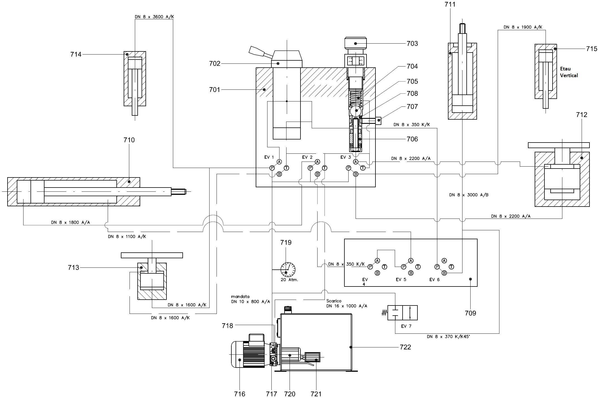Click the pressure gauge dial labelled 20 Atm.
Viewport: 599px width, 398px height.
[288, 270]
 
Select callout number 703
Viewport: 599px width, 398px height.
[412, 44]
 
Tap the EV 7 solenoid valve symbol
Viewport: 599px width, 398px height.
[403, 313]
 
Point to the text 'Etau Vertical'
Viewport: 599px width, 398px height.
[569, 72]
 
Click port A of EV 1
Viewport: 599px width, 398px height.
[279, 162]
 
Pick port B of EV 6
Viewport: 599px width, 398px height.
[444, 273]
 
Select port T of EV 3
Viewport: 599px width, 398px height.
[363, 168]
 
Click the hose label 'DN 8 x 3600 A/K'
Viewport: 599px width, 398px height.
[154, 17]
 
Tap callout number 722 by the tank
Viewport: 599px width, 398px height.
[405, 347]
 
